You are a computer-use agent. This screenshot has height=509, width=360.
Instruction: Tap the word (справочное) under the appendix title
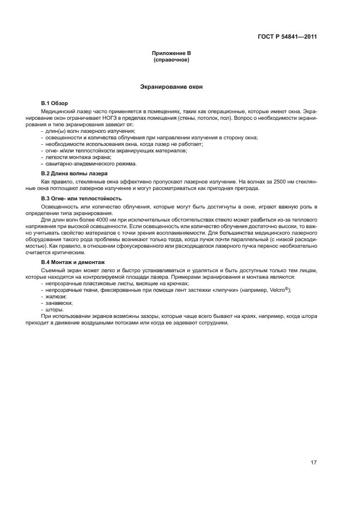coord(172,60)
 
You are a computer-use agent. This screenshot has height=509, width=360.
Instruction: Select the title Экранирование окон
coord(172,87)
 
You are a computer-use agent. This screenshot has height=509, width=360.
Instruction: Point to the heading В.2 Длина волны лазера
coord(74,173)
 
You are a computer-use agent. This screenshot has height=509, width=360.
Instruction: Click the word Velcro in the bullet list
coord(277,291)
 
